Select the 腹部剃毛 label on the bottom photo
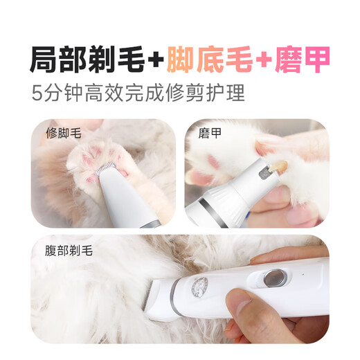pos(61,245)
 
